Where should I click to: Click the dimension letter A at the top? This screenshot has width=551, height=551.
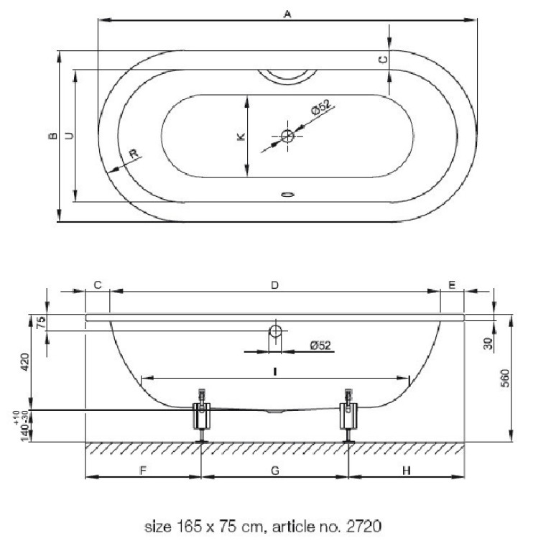click(x=287, y=14)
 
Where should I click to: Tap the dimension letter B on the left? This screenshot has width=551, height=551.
click(x=52, y=136)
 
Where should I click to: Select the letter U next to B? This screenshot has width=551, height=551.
click(x=70, y=136)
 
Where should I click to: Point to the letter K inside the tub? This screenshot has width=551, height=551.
click(x=241, y=136)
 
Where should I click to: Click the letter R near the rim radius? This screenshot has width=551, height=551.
click(x=134, y=154)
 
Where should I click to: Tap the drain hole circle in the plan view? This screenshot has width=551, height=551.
click(x=287, y=136)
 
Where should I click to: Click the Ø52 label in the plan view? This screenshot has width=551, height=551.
click(x=321, y=107)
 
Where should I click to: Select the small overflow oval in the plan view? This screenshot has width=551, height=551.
click(x=287, y=194)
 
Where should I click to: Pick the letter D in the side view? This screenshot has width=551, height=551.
click(x=275, y=285)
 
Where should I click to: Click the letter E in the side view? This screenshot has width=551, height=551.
click(x=452, y=284)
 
